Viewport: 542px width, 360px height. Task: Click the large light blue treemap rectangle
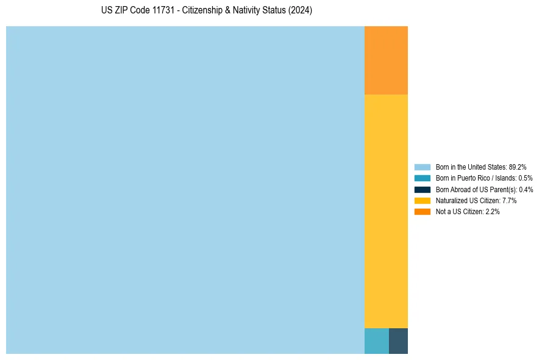[x=185, y=190]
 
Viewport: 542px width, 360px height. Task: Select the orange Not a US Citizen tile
[x=386, y=60]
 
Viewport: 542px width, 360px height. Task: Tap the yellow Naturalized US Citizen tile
[x=386, y=211]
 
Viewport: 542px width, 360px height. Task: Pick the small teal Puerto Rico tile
[x=376, y=341]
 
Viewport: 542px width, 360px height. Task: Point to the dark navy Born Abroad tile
[x=398, y=341]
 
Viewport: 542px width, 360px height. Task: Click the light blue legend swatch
[x=422, y=167]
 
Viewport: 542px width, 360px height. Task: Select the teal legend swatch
[x=422, y=178]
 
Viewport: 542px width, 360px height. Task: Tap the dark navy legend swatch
[x=422, y=189]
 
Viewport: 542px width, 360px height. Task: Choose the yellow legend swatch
[x=422, y=200]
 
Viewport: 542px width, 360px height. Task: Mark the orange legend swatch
[x=422, y=212]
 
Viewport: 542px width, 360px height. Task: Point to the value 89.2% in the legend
[x=517, y=167]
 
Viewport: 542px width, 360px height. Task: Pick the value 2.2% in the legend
[x=491, y=212]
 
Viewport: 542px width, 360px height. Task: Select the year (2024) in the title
[x=301, y=11]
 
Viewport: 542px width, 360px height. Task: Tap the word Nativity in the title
[x=248, y=11]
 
